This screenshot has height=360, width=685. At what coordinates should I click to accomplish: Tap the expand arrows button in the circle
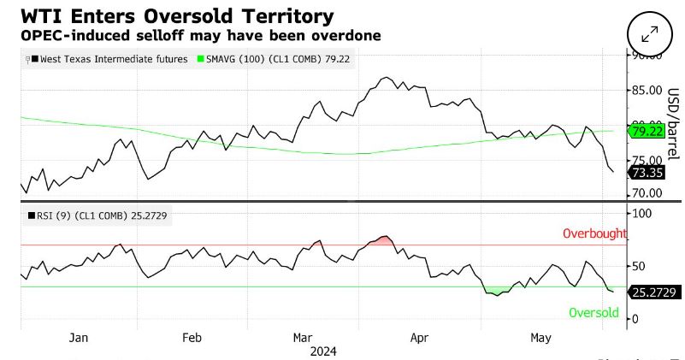pos(649,33)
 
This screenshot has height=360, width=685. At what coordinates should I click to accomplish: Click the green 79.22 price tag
pos(647,131)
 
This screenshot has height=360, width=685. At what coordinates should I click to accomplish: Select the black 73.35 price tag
pos(647,173)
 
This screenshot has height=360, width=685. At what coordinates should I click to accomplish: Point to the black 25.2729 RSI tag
pos(653,292)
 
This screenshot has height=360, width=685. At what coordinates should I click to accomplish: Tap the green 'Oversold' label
pos(593,313)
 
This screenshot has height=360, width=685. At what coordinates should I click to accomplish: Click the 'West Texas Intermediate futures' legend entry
pos(107,59)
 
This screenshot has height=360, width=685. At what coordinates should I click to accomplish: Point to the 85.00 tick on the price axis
pos(647,90)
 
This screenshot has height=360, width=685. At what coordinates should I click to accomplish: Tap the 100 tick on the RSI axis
pos(641,212)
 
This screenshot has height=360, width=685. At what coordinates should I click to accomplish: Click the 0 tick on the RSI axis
pos(635,319)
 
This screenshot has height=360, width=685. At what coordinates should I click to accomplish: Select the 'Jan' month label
pos(78,339)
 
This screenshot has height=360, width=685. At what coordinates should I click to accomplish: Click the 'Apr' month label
pos(419,339)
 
